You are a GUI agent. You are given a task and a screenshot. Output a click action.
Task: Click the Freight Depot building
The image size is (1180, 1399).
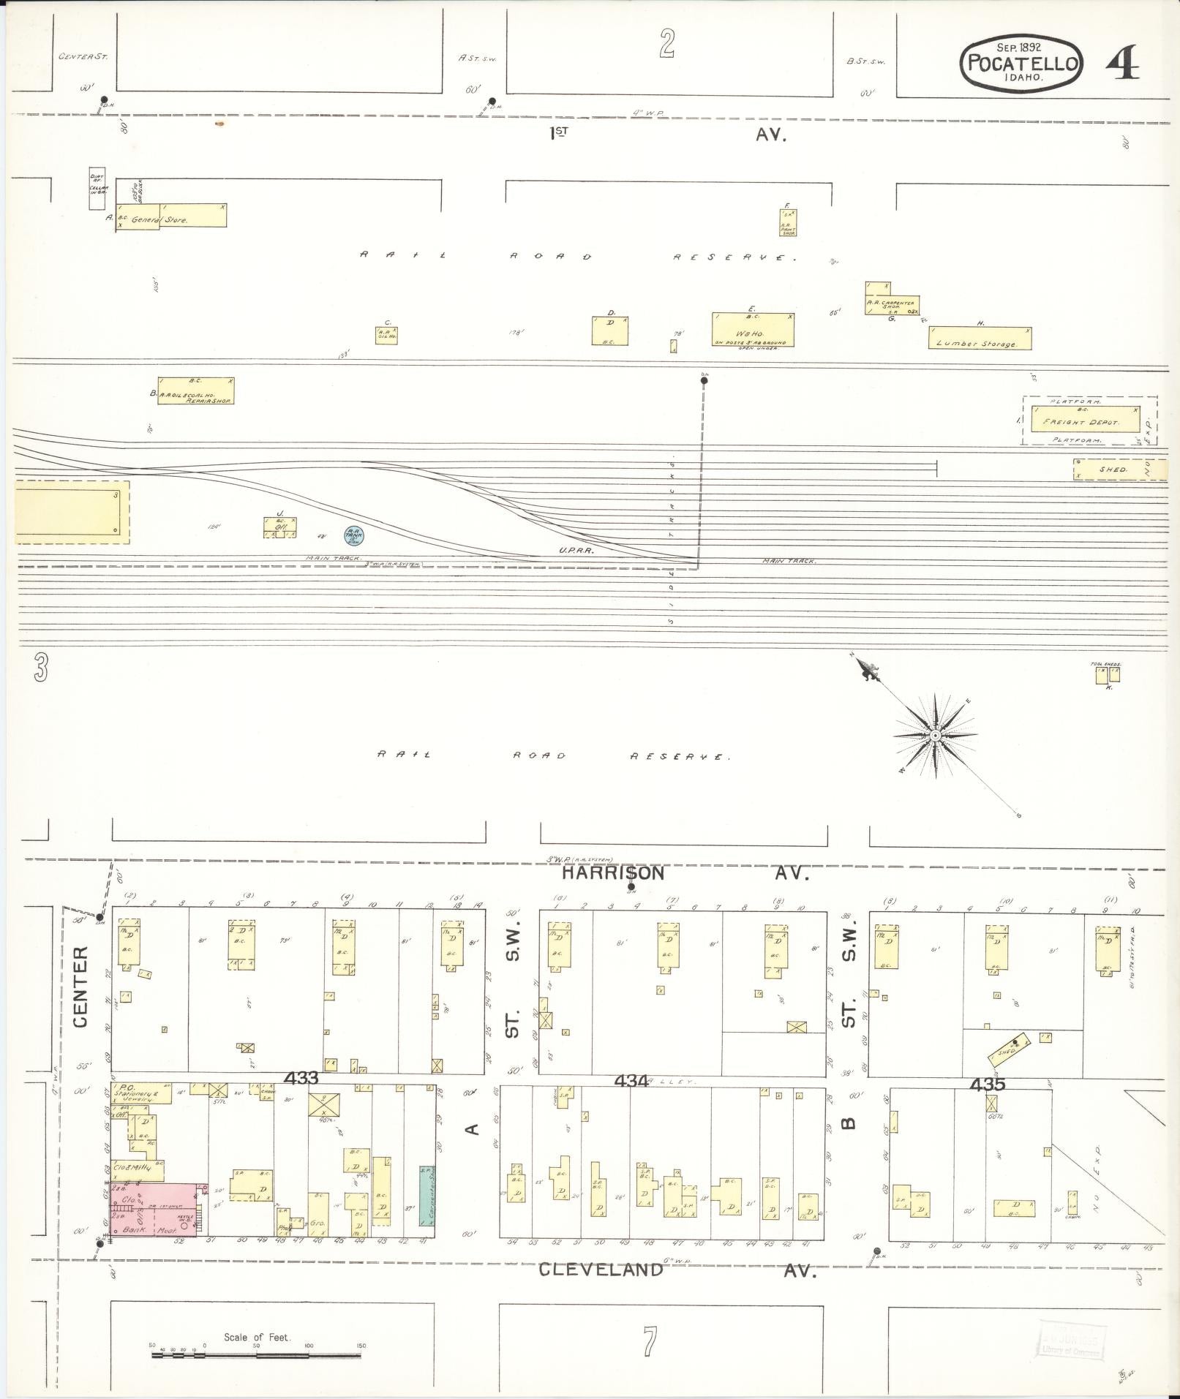(x=1086, y=420)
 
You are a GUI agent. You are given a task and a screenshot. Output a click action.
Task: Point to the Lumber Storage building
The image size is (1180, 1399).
(x=980, y=338)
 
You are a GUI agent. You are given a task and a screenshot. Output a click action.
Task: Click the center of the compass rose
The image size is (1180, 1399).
(x=935, y=735)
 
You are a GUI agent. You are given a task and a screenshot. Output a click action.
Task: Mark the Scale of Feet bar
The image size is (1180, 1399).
(x=257, y=1355)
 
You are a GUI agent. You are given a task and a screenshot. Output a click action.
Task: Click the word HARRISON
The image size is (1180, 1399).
(x=613, y=872)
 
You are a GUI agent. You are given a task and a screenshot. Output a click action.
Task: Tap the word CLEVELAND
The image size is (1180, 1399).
(x=601, y=1270)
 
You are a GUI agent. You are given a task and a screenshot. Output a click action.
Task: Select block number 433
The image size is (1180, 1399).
(x=301, y=1078)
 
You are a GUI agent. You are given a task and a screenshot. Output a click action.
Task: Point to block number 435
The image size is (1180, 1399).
(x=988, y=1084)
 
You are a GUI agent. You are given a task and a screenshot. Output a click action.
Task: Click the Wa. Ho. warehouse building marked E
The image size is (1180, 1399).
(x=753, y=329)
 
